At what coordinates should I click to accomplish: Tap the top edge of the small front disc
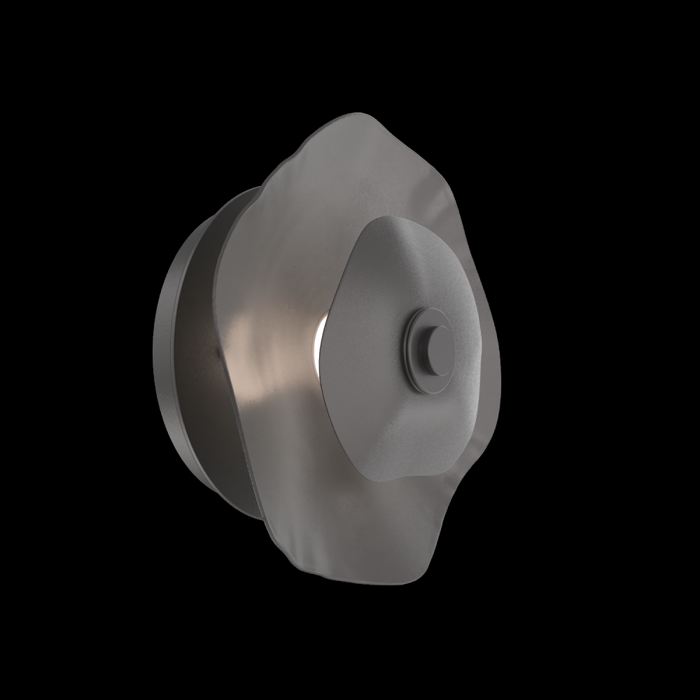coord(392,218)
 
